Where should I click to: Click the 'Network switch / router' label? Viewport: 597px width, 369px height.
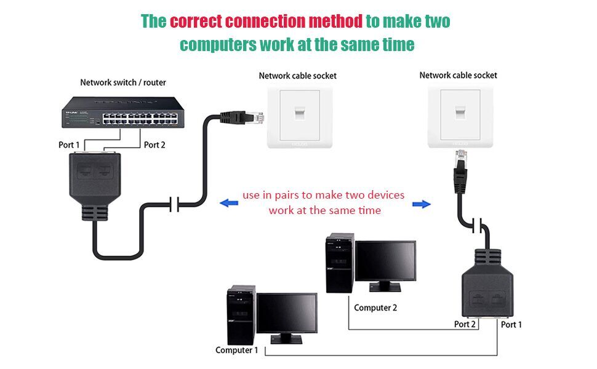click(123, 82)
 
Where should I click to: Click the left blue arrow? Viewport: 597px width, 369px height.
click(228, 203)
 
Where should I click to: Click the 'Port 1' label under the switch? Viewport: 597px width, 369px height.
click(69, 145)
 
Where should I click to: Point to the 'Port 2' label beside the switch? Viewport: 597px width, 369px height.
click(154, 145)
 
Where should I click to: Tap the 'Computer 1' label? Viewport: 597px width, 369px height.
click(236, 350)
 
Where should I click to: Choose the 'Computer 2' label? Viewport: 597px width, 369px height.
click(375, 307)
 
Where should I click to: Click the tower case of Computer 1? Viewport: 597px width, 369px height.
click(241, 314)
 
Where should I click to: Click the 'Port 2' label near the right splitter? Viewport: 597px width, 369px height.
click(465, 324)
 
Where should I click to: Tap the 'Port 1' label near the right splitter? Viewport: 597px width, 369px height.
click(511, 324)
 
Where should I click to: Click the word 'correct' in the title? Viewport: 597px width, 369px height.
click(196, 22)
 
